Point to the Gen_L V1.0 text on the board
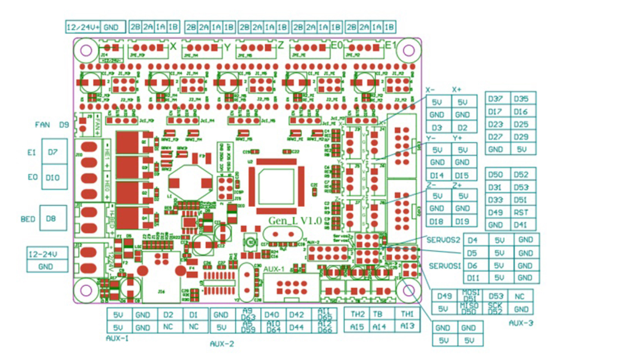[x=295, y=221]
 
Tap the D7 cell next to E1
[x=53, y=152]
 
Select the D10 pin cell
[x=53, y=178]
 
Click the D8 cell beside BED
[x=51, y=218]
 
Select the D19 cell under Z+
[x=462, y=222]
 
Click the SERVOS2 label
[x=443, y=240]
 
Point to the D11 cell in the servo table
[x=473, y=278]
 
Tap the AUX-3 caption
[x=521, y=323]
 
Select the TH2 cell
[x=358, y=314]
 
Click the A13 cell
[x=407, y=326]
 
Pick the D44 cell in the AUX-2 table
[x=297, y=327]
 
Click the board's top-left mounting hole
[x=86, y=50]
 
